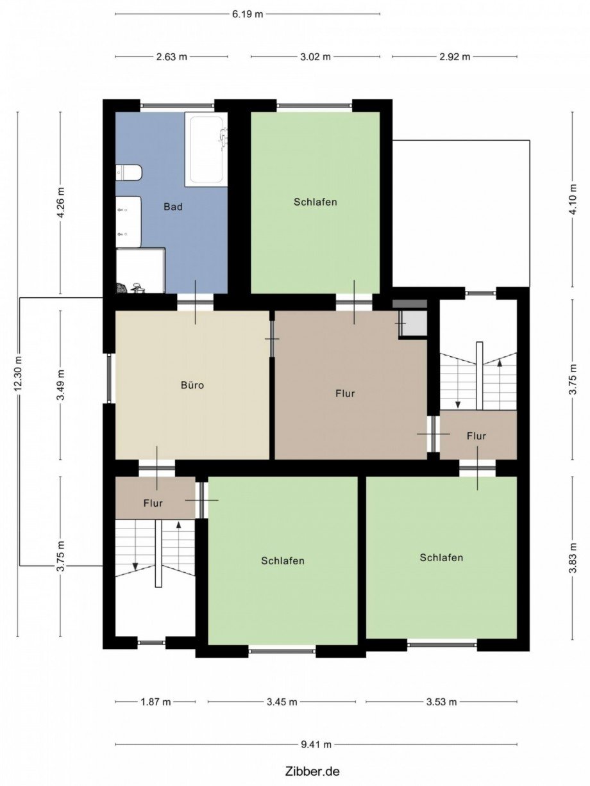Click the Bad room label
click(173, 207)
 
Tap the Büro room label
click(192, 385)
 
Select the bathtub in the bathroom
click(206, 149)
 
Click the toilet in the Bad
click(129, 173)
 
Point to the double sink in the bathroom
click(128, 222)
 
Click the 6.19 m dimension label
click(248, 14)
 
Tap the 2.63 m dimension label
click(172, 57)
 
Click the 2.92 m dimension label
click(455, 57)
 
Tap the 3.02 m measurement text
click(316, 57)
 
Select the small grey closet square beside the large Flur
click(414, 323)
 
